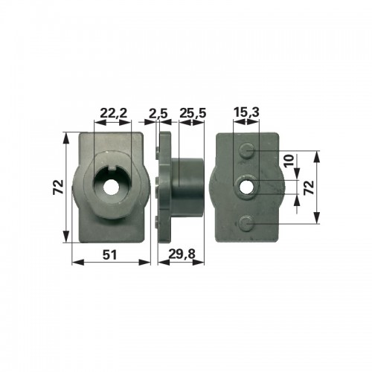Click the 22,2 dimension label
(113, 113)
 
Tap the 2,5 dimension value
(158, 113)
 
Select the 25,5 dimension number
(193, 113)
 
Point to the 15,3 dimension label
(246, 112)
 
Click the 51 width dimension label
(109, 254)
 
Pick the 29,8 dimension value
(182, 254)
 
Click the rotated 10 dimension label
(289, 161)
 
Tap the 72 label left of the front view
(58, 187)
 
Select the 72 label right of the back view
(309, 187)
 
